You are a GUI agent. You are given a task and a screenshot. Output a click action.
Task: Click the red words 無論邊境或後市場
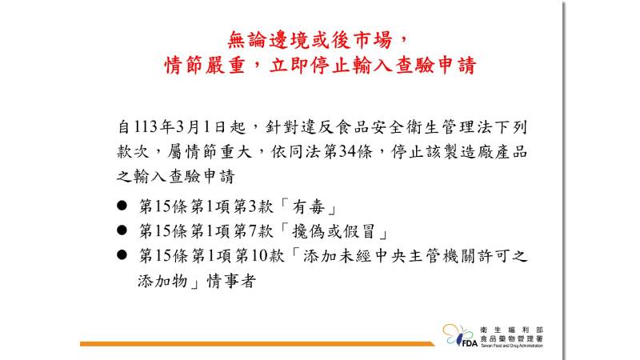[310, 41]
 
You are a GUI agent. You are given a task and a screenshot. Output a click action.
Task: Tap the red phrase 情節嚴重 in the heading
[205, 66]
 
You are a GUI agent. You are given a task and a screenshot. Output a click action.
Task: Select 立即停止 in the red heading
[310, 66]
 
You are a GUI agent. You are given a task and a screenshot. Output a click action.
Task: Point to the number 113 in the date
[146, 127]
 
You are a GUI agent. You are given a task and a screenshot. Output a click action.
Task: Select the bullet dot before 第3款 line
[122, 206]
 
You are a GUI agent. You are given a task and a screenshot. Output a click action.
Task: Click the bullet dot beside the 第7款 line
[122, 230]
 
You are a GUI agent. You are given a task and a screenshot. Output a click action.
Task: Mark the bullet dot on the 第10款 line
[122, 255]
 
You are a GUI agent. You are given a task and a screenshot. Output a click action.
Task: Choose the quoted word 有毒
[309, 206]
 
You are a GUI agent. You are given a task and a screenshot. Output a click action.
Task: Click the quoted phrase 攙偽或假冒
[334, 231]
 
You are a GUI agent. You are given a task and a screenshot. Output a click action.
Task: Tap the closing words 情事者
[231, 281]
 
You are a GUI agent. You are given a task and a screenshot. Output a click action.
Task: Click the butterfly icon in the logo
[455, 334]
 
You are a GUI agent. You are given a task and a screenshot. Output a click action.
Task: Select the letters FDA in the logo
[470, 343]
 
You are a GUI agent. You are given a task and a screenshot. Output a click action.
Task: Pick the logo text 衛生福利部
[511, 330]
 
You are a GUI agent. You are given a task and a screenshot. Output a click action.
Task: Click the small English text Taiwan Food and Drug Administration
[511, 346]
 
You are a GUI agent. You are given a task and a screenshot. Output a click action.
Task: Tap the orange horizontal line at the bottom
[257, 344]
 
